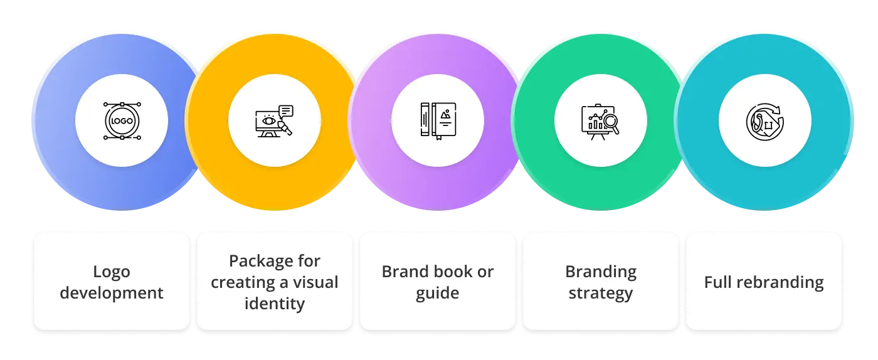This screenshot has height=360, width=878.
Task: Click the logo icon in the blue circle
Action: click(122, 120)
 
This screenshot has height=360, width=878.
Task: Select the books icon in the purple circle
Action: click(438, 120)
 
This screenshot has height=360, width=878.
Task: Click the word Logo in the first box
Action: click(112, 272)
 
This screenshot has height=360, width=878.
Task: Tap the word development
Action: click(112, 293)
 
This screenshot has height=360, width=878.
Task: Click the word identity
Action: click(275, 304)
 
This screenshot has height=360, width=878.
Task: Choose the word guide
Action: click(438, 293)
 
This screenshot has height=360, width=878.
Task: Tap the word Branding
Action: click(601, 272)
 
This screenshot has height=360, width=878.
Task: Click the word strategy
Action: click(601, 293)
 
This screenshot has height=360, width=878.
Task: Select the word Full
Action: click(717, 282)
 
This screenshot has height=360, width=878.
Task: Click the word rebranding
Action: click(781, 282)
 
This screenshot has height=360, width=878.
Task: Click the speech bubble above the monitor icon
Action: click(286, 110)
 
